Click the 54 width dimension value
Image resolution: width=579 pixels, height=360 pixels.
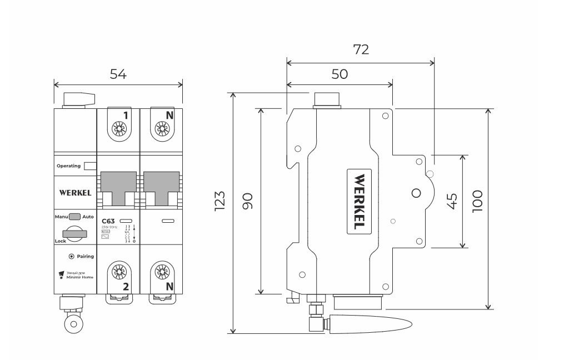click(x=117, y=74)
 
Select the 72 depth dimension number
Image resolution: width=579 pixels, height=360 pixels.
click(x=361, y=49)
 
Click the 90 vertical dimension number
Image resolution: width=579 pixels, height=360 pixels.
click(x=247, y=201)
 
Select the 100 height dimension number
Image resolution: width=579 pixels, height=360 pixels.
click(x=477, y=201)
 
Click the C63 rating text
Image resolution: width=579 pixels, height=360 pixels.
click(x=108, y=221)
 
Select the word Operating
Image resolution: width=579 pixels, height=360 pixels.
click(x=68, y=166)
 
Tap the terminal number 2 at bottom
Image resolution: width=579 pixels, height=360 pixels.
click(x=126, y=287)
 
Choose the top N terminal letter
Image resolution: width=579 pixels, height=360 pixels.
click(x=169, y=116)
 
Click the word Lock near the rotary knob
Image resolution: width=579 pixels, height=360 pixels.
click(x=60, y=242)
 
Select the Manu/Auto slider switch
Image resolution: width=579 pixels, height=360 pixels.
click(x=75, y=217)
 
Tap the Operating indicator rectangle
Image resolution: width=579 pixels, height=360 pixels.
click(x=90, y=166)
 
